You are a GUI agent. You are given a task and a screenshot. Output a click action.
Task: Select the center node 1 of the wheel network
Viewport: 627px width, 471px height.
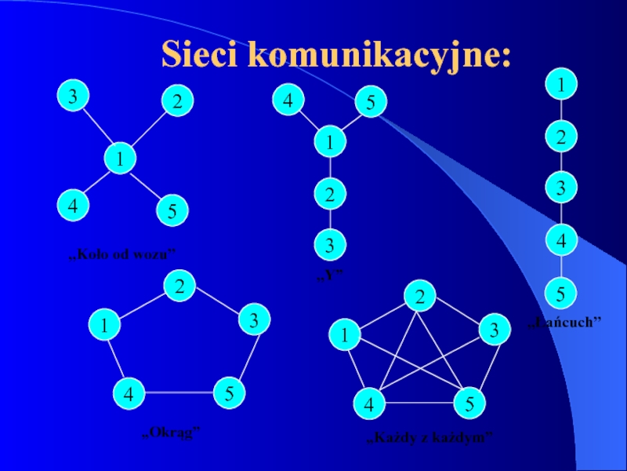coord(120,159)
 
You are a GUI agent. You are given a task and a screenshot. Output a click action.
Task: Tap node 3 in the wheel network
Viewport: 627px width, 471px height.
coord(72,98)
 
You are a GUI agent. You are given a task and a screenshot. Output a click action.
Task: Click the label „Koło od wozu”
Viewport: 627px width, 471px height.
coord(122,253)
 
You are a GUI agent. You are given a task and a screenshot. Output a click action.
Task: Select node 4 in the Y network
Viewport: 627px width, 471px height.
coord(288,101)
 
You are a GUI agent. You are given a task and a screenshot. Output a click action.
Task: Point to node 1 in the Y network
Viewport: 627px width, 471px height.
coord(331,143)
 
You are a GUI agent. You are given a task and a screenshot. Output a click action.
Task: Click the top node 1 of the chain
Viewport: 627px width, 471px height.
coord(561,82)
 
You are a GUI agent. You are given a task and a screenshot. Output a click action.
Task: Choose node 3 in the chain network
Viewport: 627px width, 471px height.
coord(561,188)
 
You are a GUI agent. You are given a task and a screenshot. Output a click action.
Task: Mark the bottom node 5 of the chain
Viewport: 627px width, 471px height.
coord(561,294)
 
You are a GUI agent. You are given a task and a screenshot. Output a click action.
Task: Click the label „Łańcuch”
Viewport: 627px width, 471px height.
coord(565,322)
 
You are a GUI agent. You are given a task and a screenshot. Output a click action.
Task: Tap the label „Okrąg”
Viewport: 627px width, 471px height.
coord(171,432)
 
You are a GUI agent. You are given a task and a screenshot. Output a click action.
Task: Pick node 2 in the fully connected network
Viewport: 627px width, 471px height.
coord(421,296)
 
